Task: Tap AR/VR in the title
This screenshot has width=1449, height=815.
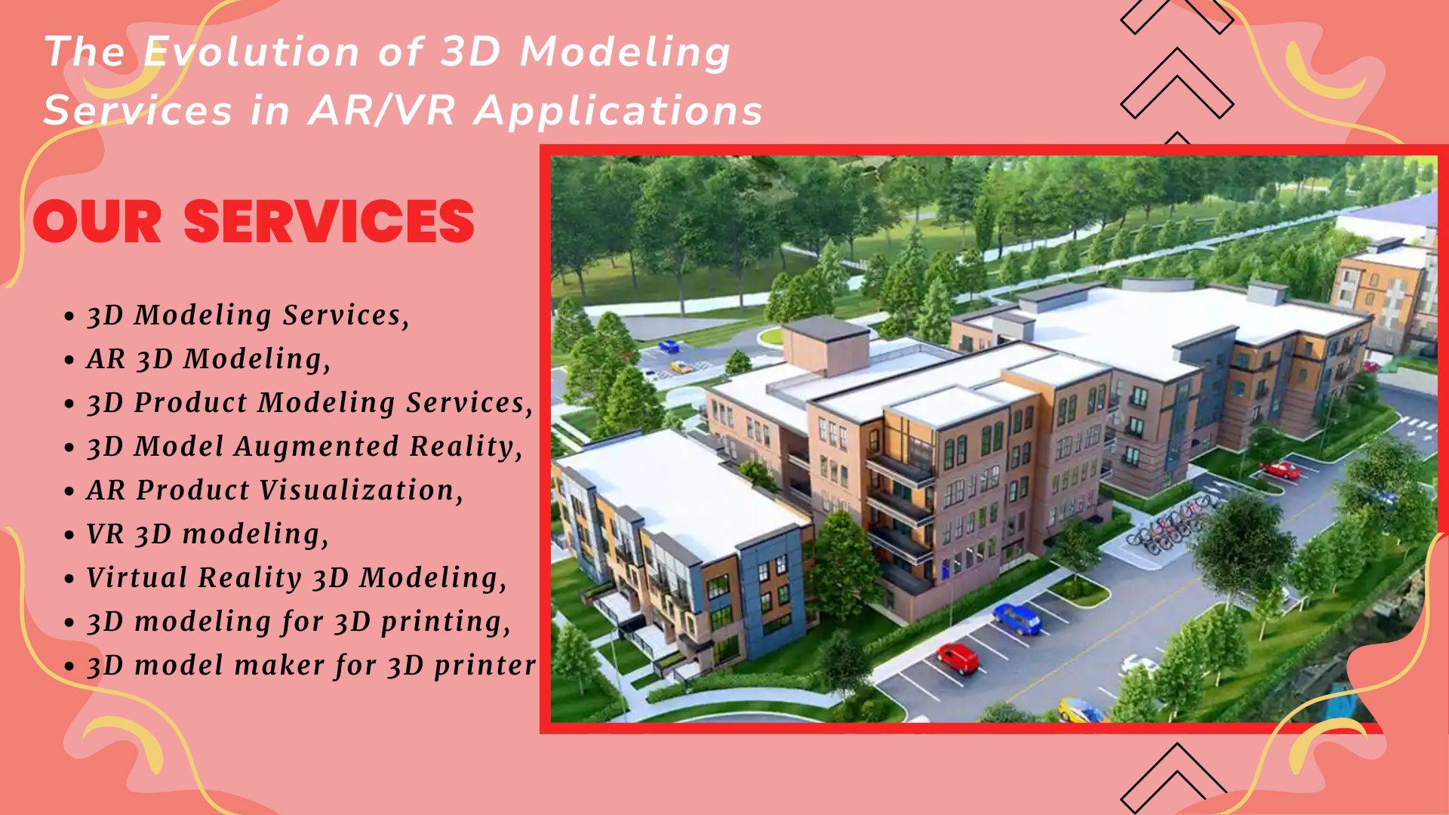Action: tap(382, 110)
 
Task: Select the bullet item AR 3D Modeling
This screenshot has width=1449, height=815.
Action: tap(208, 358)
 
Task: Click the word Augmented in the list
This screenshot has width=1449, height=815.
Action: tap(317, 446)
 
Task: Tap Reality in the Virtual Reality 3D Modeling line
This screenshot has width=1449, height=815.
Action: tap(249, 578)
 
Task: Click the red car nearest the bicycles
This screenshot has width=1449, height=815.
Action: tap(1280, 471)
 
